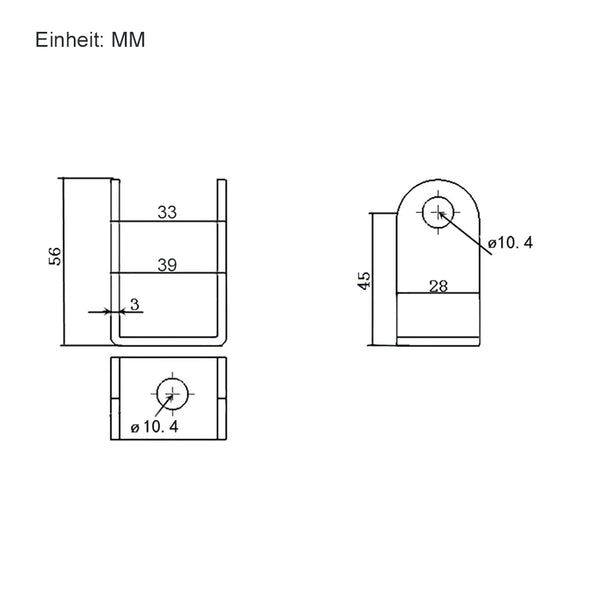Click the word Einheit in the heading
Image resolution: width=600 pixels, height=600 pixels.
click(x=69, y=40)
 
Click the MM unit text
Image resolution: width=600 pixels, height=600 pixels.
click(x=128, y=40)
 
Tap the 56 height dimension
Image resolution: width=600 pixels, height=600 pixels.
click(x=55, y=256)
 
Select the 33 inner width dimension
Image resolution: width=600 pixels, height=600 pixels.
click(x=167, y=212)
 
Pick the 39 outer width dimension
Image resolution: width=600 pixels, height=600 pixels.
click(x=167, y=265)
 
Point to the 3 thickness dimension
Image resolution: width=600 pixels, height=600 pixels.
click(x=135, y=305)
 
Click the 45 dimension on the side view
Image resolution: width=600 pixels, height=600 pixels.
click(x=364, y=280)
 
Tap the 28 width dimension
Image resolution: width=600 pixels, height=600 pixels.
click(x=438, y=286)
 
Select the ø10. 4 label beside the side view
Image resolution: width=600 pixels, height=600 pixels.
click(x=510, y=243)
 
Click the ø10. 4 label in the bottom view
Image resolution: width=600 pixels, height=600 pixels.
click(x=155, y=427)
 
